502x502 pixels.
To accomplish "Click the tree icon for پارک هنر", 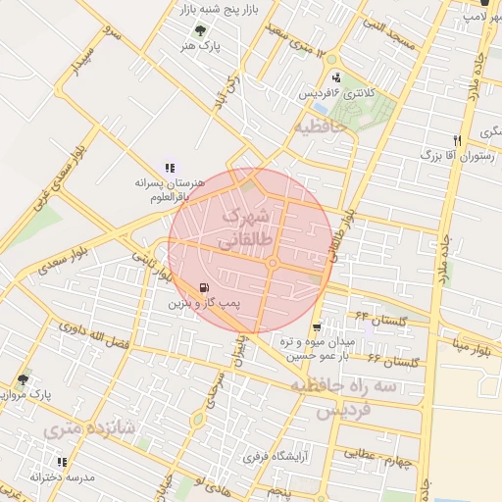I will (202, 31).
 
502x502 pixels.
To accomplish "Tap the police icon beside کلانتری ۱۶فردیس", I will (337, 77).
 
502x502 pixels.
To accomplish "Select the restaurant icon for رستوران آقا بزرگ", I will (457, 140).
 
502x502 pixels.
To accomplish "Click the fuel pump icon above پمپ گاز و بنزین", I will (203, 288).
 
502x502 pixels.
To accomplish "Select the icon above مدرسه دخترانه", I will (62, 462).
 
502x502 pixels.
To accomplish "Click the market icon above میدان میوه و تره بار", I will (317, 327).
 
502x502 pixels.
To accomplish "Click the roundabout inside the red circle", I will (273, 263).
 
